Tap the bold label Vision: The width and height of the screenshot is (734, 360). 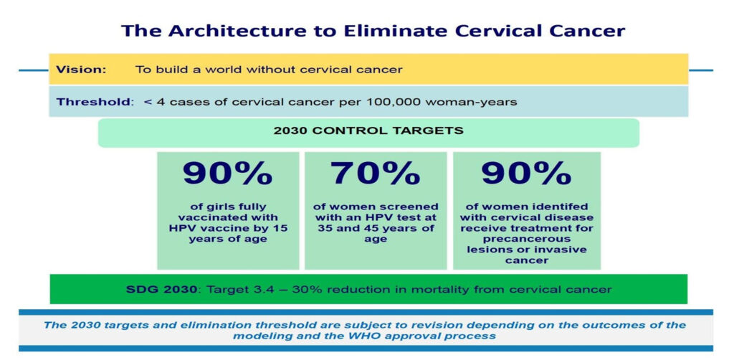click(x=81, y=70)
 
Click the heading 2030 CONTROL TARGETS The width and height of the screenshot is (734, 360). click(x=368, y=131)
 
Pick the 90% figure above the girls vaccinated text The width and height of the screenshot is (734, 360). click(x=227, y=174)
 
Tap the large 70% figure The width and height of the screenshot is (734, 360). click(x=375, y=174)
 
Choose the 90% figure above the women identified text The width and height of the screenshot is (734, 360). click(x=526, y=174)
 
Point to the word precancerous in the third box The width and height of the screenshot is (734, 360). click(x=526, y=239)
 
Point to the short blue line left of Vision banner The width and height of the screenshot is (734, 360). click(x=33, y=70)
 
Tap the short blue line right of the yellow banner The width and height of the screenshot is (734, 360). click(x=701, y=70)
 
